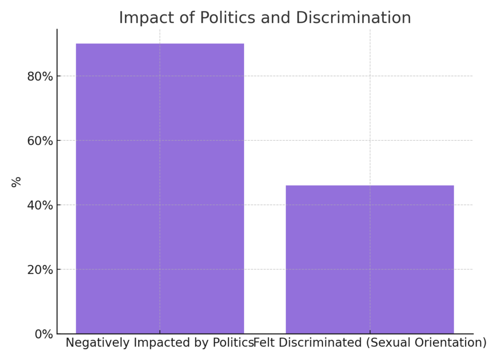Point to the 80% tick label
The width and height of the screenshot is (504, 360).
tap(40, 76)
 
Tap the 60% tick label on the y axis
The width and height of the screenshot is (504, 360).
tap(40, 141)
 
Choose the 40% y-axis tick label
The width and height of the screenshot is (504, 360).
tap(40, 205)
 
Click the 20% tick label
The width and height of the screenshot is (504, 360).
tap(40, 270)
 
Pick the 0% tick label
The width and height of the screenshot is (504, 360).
tap(43, 334)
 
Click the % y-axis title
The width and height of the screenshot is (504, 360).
tap(16, 181)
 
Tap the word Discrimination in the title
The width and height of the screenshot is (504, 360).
tap(353, 18)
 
